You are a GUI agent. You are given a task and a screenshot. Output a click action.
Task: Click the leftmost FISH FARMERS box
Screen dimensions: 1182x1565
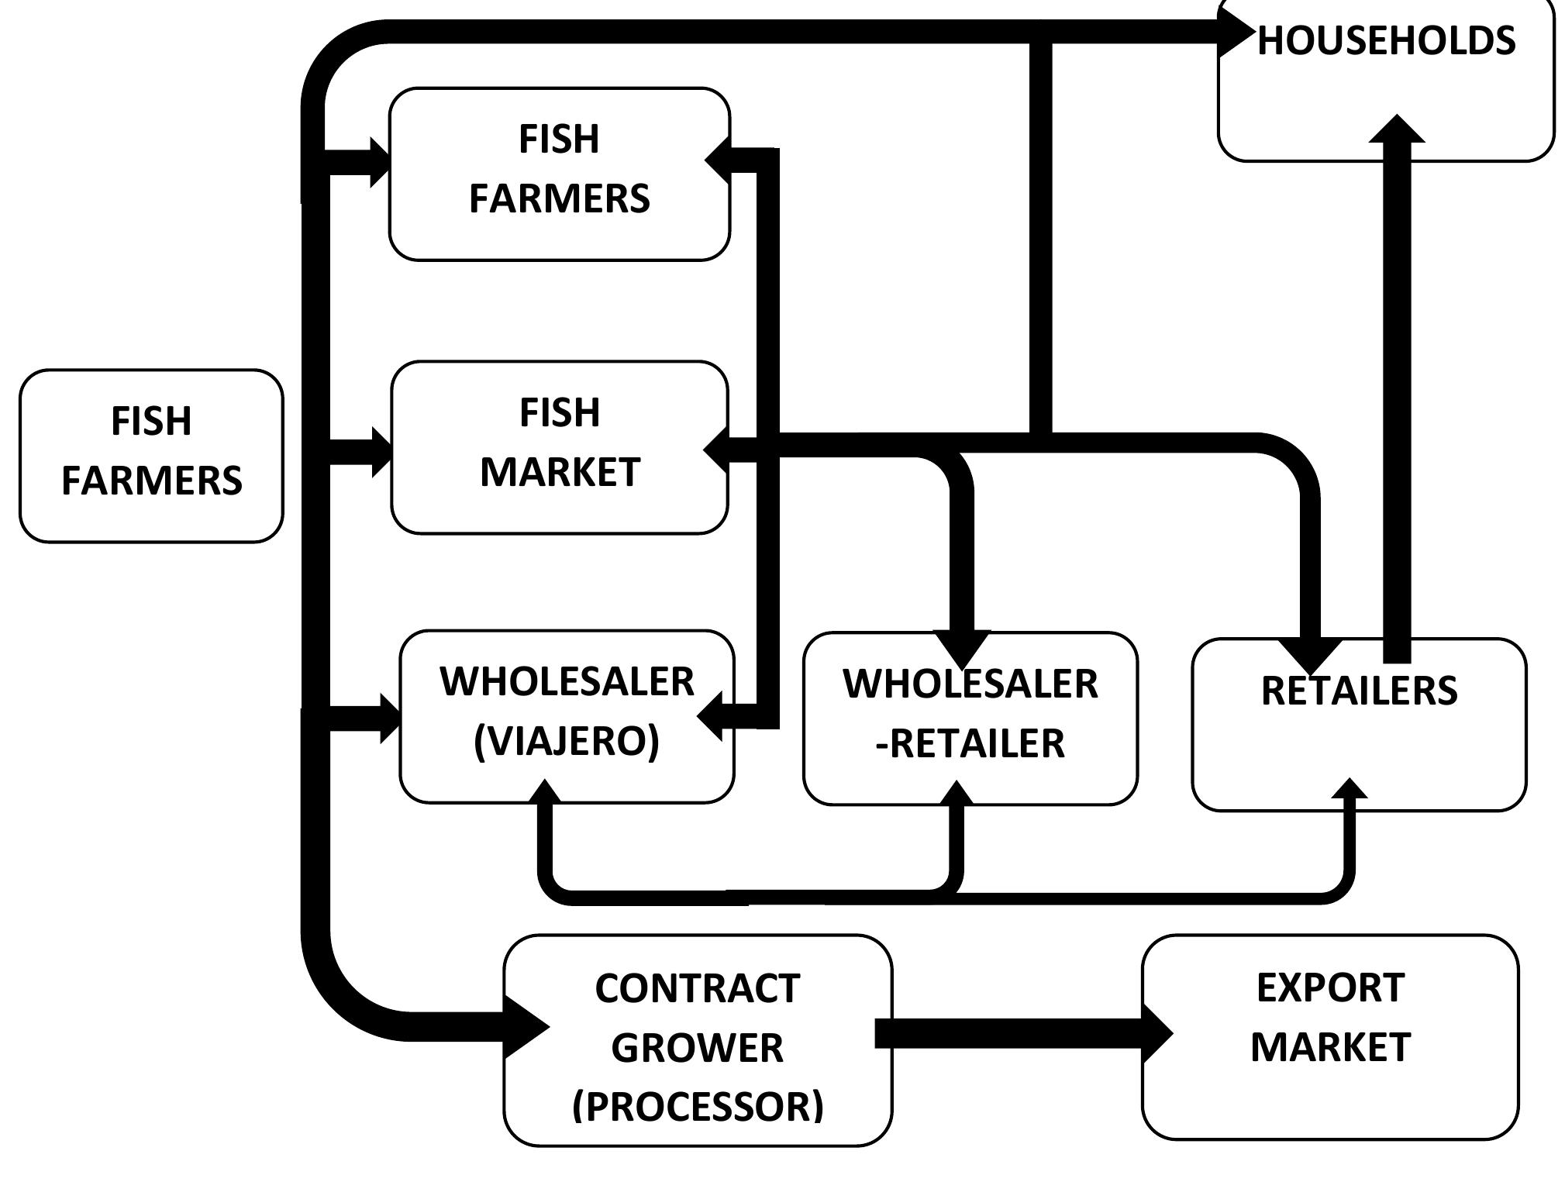click(x=151, y=456)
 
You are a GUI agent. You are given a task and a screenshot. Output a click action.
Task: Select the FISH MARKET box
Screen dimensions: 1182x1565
click(x=560, y=447)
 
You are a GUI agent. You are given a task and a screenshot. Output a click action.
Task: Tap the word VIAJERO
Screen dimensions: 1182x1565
click(x=567, y=741)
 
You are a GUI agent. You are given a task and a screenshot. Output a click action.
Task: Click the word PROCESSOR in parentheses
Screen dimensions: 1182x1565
click(x=698, y=1106)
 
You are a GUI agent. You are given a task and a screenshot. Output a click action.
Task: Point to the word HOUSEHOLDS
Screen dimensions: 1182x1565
click(x=1386, y=40)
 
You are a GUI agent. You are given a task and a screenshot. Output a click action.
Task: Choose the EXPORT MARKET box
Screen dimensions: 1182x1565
click(x=1330, y=1036)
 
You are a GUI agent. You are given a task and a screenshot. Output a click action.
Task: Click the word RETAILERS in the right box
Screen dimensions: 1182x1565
click(x=1359, y=691)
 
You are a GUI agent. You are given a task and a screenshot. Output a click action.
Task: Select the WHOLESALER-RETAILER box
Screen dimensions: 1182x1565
click(x=970, y=719)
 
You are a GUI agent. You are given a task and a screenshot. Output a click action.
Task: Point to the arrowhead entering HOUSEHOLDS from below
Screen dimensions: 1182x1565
click(x=1397, y=129)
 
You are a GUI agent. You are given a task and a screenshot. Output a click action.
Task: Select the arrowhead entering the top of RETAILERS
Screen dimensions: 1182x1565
click(x=1310, y=654)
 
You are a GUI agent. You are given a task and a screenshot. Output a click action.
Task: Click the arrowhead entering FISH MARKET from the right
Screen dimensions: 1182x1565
click(x=716, y=448)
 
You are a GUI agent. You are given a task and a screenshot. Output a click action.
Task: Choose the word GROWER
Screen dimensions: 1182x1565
click(x=697, y=1047)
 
